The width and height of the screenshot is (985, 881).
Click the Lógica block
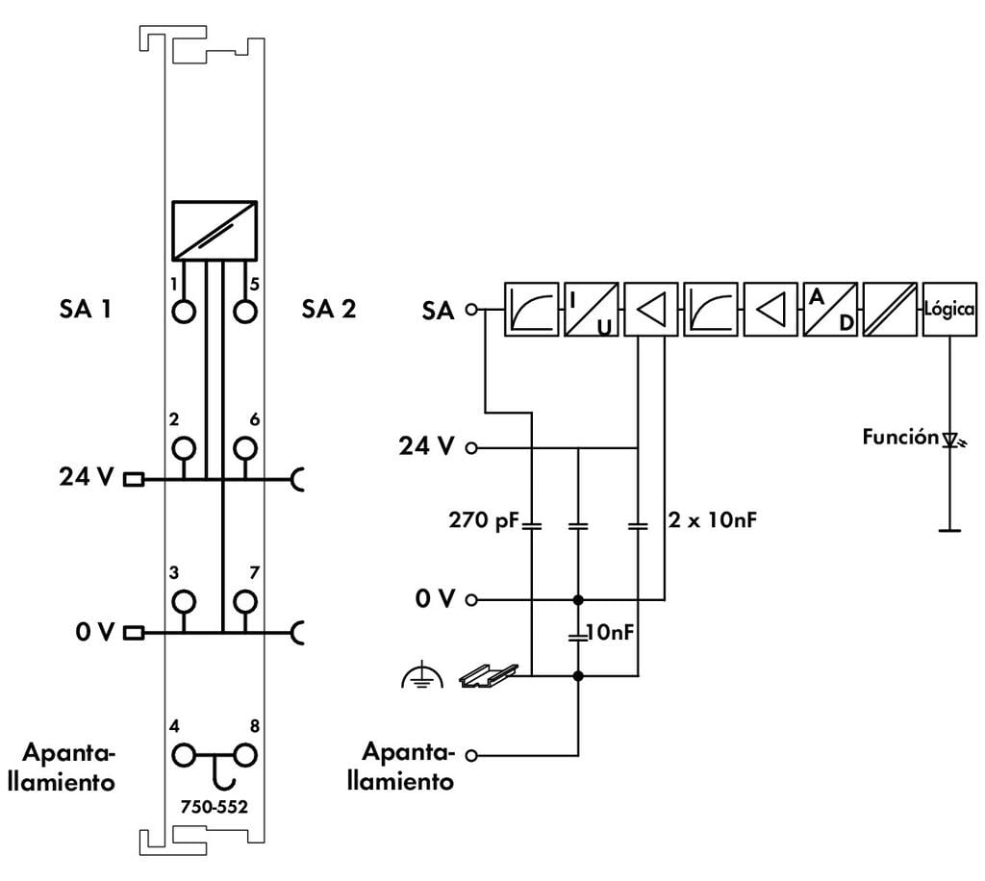(949, 309)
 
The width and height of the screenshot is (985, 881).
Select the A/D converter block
(830, 309)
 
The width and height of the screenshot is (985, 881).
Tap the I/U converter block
(592, 309)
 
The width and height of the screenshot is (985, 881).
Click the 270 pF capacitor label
(484, 520)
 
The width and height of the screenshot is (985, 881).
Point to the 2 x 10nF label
(713, 520)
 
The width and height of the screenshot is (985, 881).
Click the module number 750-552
(215, 806)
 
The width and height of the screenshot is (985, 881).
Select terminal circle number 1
(184, 312)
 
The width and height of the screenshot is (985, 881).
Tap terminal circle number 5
(245, 312)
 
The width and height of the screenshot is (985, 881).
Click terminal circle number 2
(184, 448)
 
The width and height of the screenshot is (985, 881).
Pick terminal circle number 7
(245, 601)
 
